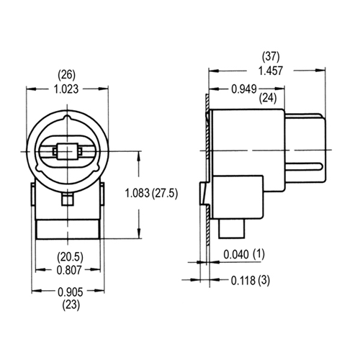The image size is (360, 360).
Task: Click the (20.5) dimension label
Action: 69,256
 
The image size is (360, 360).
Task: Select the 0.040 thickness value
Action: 237,254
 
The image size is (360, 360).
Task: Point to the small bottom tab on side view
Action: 232,230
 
